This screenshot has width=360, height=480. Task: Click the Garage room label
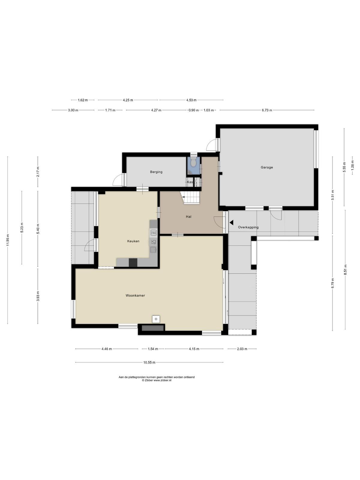267,167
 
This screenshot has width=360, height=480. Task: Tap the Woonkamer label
135,295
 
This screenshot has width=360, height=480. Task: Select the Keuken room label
133,241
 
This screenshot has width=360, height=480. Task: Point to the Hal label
188,217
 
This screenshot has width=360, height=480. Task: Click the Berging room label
156,172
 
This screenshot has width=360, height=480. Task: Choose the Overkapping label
248,227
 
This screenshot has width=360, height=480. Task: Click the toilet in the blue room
193,162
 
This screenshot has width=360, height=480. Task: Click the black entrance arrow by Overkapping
232,223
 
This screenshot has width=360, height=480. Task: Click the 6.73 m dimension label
267,110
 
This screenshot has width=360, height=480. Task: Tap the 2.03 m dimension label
242,349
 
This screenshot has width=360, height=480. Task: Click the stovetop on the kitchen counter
154,233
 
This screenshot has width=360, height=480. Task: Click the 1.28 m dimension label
352,165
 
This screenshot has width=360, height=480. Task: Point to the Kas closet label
190,182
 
